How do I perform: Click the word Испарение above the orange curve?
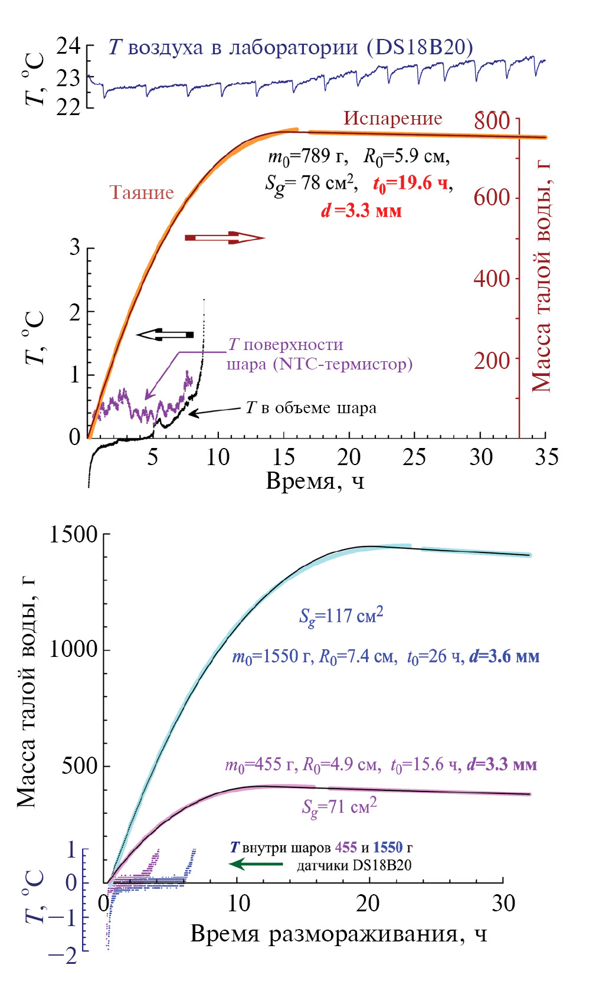(392, 118)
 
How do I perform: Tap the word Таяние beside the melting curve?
(142, 193)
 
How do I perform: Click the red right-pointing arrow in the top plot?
(224, 238)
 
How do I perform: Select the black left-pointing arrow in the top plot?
(165, 335)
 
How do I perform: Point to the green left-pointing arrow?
(256, 864)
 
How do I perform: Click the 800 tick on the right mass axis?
(492, 120)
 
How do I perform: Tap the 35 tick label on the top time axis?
(546, 457)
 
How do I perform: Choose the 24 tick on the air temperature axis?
(68, 46)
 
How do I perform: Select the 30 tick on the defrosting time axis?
(503, 903)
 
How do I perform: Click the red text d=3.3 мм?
(361, 211)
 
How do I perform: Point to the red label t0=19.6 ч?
(410, 184)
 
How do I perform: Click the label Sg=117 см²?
(341, 616)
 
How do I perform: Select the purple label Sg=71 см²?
(339, 806)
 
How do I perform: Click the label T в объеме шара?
(311, 408)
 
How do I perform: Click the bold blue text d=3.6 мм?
(505, 656)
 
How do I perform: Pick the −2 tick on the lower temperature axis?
(64, 954)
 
